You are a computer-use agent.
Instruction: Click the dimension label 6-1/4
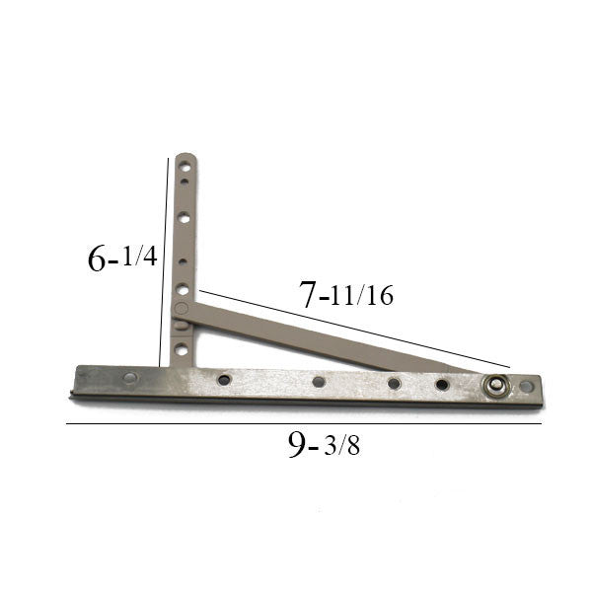[x=121, y=259]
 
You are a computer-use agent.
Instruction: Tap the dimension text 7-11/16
[x=345, y=295]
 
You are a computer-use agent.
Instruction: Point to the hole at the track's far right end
[x=526, y=386]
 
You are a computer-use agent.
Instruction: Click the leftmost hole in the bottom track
[x=129, y=377]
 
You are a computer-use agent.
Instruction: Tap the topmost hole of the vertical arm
[x=185, y=166]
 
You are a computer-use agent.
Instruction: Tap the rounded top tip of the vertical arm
[x=185, y=156]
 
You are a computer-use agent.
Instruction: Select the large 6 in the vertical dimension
[x=97, y=259]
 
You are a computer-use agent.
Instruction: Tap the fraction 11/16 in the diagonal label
[x=362, y=296]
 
